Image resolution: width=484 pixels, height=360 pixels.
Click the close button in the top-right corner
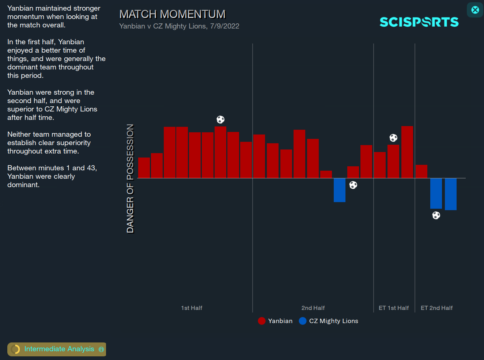[475, 10]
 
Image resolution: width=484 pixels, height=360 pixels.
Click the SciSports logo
[419, 22]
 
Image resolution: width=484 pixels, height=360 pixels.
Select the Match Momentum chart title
[172, 14]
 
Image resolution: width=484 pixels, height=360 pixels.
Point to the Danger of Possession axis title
[130, 178]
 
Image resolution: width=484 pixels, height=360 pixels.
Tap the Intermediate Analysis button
[57, 349]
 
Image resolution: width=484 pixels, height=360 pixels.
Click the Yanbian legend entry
[275, 321]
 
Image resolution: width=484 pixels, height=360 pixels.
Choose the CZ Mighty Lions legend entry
[329, 321]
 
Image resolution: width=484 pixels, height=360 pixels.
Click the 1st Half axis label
[192, 308]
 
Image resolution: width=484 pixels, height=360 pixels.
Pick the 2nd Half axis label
[313, 308]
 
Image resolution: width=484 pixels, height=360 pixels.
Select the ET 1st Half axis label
[394, 308]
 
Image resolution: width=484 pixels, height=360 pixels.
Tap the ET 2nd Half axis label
[436, 308]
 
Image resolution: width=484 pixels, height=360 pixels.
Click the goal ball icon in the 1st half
[220, 120]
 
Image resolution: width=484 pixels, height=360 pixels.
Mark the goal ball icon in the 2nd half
[353, 185]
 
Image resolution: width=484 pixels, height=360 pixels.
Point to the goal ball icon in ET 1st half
[393, 138]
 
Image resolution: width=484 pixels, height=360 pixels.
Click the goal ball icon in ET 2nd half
[436, 215]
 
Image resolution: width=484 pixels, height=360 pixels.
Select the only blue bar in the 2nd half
[340, 190]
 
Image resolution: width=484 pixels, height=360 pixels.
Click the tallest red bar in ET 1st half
[407, 152]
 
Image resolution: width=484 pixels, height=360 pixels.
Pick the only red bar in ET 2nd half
[421, 171]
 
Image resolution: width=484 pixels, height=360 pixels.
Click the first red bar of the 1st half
[144, 168]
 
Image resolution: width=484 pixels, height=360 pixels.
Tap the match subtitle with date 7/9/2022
[179, 26]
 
